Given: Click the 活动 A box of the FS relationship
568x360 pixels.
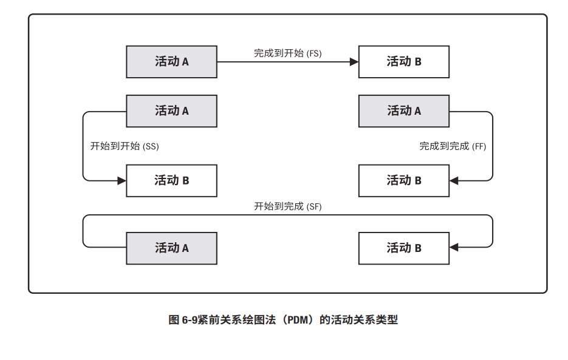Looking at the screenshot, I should pos(171,62).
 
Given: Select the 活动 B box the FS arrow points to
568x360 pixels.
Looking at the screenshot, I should pos(403,62).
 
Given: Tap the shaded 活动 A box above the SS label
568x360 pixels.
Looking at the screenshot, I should pos(171,111).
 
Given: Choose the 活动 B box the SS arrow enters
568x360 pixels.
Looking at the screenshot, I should pos(171,181).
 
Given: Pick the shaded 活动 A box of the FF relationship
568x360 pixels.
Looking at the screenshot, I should pos(403,111).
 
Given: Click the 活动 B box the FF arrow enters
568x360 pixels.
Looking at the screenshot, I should pos(403,181).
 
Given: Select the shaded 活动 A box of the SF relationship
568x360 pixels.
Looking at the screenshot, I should pos(171,248).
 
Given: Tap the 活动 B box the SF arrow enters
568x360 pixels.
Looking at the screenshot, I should pos(403,248).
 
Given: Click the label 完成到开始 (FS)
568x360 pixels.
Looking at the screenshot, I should pos(287,53).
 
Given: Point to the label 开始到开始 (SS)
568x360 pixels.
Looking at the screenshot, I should pos(124,146).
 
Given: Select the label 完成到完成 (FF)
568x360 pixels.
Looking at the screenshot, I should pos(453,146).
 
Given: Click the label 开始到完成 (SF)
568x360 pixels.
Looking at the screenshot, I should pos(287,206).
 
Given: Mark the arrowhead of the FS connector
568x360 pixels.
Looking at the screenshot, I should pos(354,62).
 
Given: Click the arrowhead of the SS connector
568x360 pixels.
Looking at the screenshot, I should pos(121,181).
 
